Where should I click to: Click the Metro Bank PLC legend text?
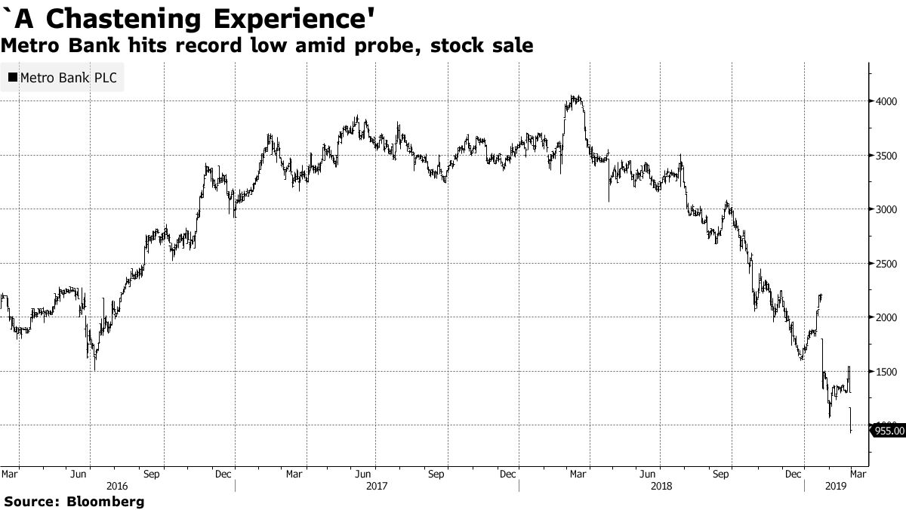(68, 78)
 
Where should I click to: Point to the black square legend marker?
(13, 78)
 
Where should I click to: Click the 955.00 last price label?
(889, 431)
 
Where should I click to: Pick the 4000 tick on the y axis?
(886, 101)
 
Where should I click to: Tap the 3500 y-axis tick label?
(886, 156)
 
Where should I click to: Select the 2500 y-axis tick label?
(886, 264)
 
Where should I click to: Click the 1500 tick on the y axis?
(886, 372)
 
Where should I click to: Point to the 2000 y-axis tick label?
(886, 317)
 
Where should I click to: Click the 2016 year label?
(117, 487)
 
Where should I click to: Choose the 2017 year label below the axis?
(375, 487)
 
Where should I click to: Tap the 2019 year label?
(836, 487)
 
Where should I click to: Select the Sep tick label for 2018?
(722, 474)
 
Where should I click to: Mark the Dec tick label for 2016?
(223, 474)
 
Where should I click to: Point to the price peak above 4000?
(575, 97)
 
